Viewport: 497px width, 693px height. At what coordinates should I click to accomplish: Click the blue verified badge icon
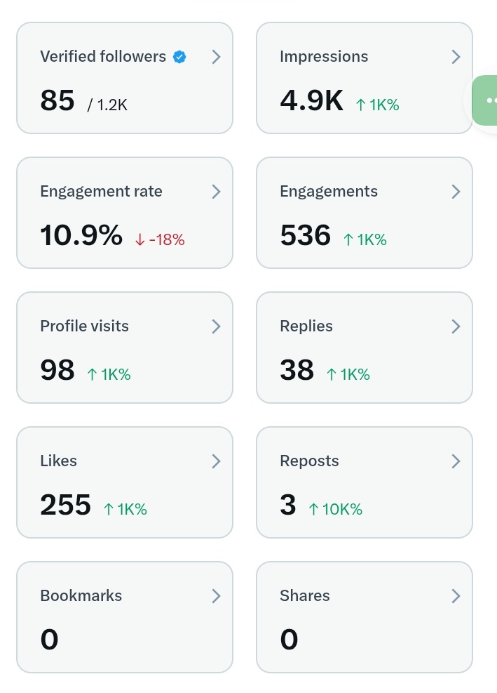click(x=180, y=57)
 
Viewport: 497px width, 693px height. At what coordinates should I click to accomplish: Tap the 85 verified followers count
click(x=57, y=101)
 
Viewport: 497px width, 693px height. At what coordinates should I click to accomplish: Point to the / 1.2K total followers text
click(x=107, y=105)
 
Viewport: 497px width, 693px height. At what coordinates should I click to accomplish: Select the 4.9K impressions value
click(x=311, y=101)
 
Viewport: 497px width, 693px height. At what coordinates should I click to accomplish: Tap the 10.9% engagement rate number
click(x=81, y=236)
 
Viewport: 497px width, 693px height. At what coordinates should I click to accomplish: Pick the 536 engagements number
click(x=305, y=236)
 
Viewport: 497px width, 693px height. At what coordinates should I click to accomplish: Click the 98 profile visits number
click(x=57, y=371)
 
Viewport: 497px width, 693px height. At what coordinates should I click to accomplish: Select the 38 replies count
click(x=297, y=371)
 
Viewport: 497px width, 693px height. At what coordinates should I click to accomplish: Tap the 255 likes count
click(x=65, y=506)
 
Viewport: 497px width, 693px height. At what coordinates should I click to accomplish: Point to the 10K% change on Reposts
click(x=336, y=510)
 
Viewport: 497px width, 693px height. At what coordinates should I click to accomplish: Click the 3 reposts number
click(x=288, y=506)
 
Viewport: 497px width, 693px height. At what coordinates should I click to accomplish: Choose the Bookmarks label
click(x=81, y=595)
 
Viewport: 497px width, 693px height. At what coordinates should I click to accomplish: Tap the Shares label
click(x=304, y=595)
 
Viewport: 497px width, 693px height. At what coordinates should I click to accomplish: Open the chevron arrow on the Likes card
click(x=216, y=461)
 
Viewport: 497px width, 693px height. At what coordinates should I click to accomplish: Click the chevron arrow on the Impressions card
click(x=456, y=57)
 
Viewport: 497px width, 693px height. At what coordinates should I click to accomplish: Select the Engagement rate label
click(x=101, y=191)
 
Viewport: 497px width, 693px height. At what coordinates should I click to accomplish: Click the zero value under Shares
click(x=289, y=640)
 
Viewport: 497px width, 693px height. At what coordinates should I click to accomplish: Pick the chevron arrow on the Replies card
click(x=456, y=326)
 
